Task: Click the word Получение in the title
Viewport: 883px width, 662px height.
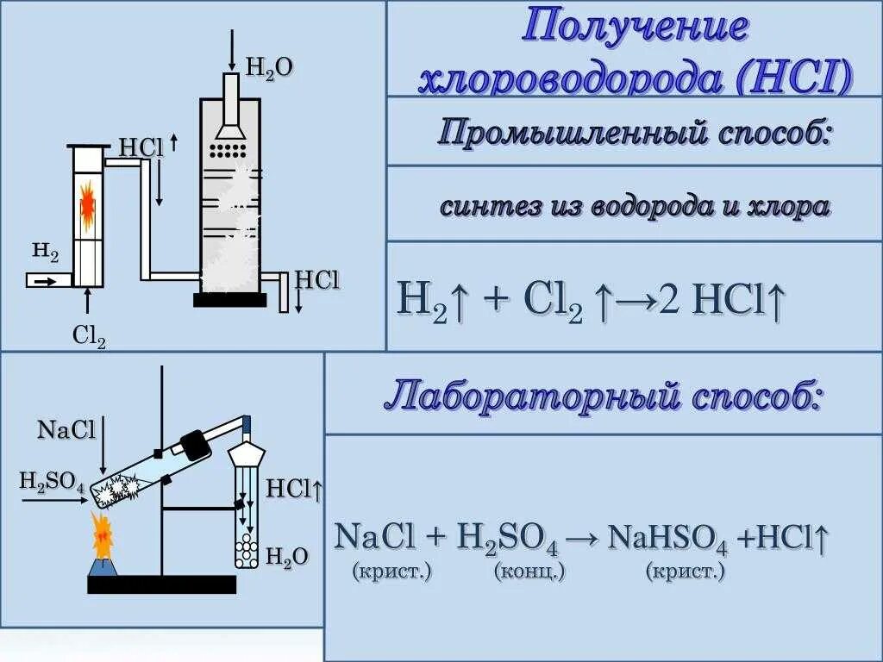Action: coord(635,28)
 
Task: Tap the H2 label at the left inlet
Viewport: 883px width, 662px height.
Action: coord(45,252)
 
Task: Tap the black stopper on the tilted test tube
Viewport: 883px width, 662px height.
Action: coord(196,444)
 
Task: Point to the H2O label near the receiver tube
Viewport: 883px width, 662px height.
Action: coord(286,557)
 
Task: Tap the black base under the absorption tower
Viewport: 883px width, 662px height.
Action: coord(229,300)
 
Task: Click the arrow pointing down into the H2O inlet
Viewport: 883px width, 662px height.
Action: coord(231,50)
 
